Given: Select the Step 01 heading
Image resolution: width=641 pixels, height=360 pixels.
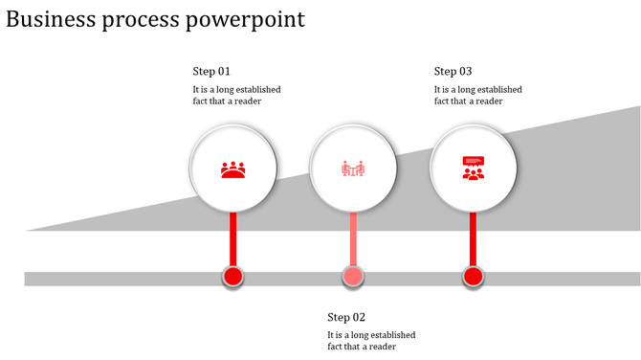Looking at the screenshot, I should (211, 71).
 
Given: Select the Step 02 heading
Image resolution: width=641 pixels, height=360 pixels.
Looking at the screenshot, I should (346, 317).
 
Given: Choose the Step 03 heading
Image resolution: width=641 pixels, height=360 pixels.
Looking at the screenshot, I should (453, 71).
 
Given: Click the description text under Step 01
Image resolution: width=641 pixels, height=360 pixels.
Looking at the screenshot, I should (236, 95).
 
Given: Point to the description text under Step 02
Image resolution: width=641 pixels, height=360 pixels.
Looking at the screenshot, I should (371, 341).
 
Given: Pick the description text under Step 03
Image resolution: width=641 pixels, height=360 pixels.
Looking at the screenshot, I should (477, 95).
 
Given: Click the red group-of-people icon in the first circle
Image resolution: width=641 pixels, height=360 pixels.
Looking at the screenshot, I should (233, 169).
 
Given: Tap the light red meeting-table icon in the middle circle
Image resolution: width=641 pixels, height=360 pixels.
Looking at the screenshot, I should (354, 169).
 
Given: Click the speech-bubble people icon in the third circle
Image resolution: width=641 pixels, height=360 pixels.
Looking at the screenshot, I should (473, 169).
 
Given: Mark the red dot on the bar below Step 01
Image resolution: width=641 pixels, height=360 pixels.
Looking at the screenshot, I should (232, 278).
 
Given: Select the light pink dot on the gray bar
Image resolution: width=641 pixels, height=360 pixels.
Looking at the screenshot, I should (353, 278).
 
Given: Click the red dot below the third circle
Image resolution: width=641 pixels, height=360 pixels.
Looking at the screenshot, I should (473, 278).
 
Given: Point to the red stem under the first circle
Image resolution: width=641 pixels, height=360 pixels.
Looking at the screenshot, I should (232, 239).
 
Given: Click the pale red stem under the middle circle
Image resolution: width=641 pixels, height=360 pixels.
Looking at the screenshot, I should (353, 239).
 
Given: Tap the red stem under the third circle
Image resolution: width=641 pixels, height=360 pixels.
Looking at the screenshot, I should (473, 239).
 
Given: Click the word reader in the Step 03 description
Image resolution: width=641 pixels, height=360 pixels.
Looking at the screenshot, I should (489, 101).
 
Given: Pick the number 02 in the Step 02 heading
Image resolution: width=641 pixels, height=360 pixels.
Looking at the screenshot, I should (359, 317).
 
